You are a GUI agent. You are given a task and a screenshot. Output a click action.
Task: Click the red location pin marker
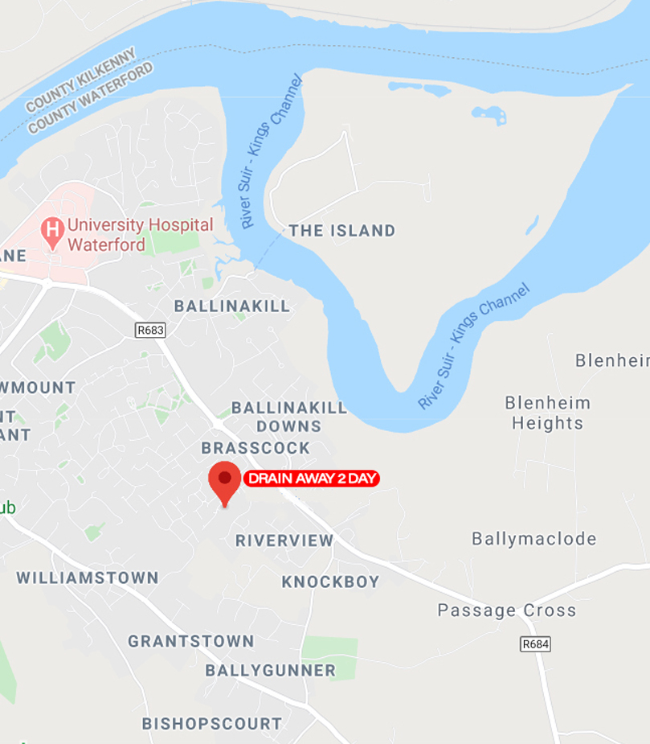pos(224,480)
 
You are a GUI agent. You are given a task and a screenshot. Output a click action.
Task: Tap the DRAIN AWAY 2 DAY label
pos(311,479)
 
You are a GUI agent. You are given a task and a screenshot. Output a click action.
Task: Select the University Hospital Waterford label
pos(140,234)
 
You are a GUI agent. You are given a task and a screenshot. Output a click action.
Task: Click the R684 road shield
pos(536,643)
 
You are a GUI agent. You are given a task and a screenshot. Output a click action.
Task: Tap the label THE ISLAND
pos(342,231)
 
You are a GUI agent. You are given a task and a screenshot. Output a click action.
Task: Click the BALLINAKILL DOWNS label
pos(288,417)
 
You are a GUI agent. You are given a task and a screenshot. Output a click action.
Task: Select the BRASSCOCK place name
pos(256,447)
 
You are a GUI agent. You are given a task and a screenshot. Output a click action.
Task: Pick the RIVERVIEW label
pos(284,541)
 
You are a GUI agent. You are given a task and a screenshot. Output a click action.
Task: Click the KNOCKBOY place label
pos(330,582)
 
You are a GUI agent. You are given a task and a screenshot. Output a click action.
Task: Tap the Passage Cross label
pos(506,610)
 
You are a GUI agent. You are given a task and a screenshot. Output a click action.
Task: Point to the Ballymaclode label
pos(534,539)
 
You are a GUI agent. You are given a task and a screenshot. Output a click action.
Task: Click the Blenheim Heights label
pos(547,413)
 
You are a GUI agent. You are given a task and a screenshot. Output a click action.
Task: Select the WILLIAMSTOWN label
pos(88,578)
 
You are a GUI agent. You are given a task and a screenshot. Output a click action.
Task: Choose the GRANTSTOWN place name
pos(191,641)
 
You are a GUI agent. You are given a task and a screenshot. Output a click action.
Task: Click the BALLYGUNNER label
pos(270,670)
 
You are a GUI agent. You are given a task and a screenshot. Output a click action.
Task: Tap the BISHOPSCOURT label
pos(212,723)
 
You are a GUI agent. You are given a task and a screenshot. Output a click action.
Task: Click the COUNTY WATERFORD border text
pos(91,100)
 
